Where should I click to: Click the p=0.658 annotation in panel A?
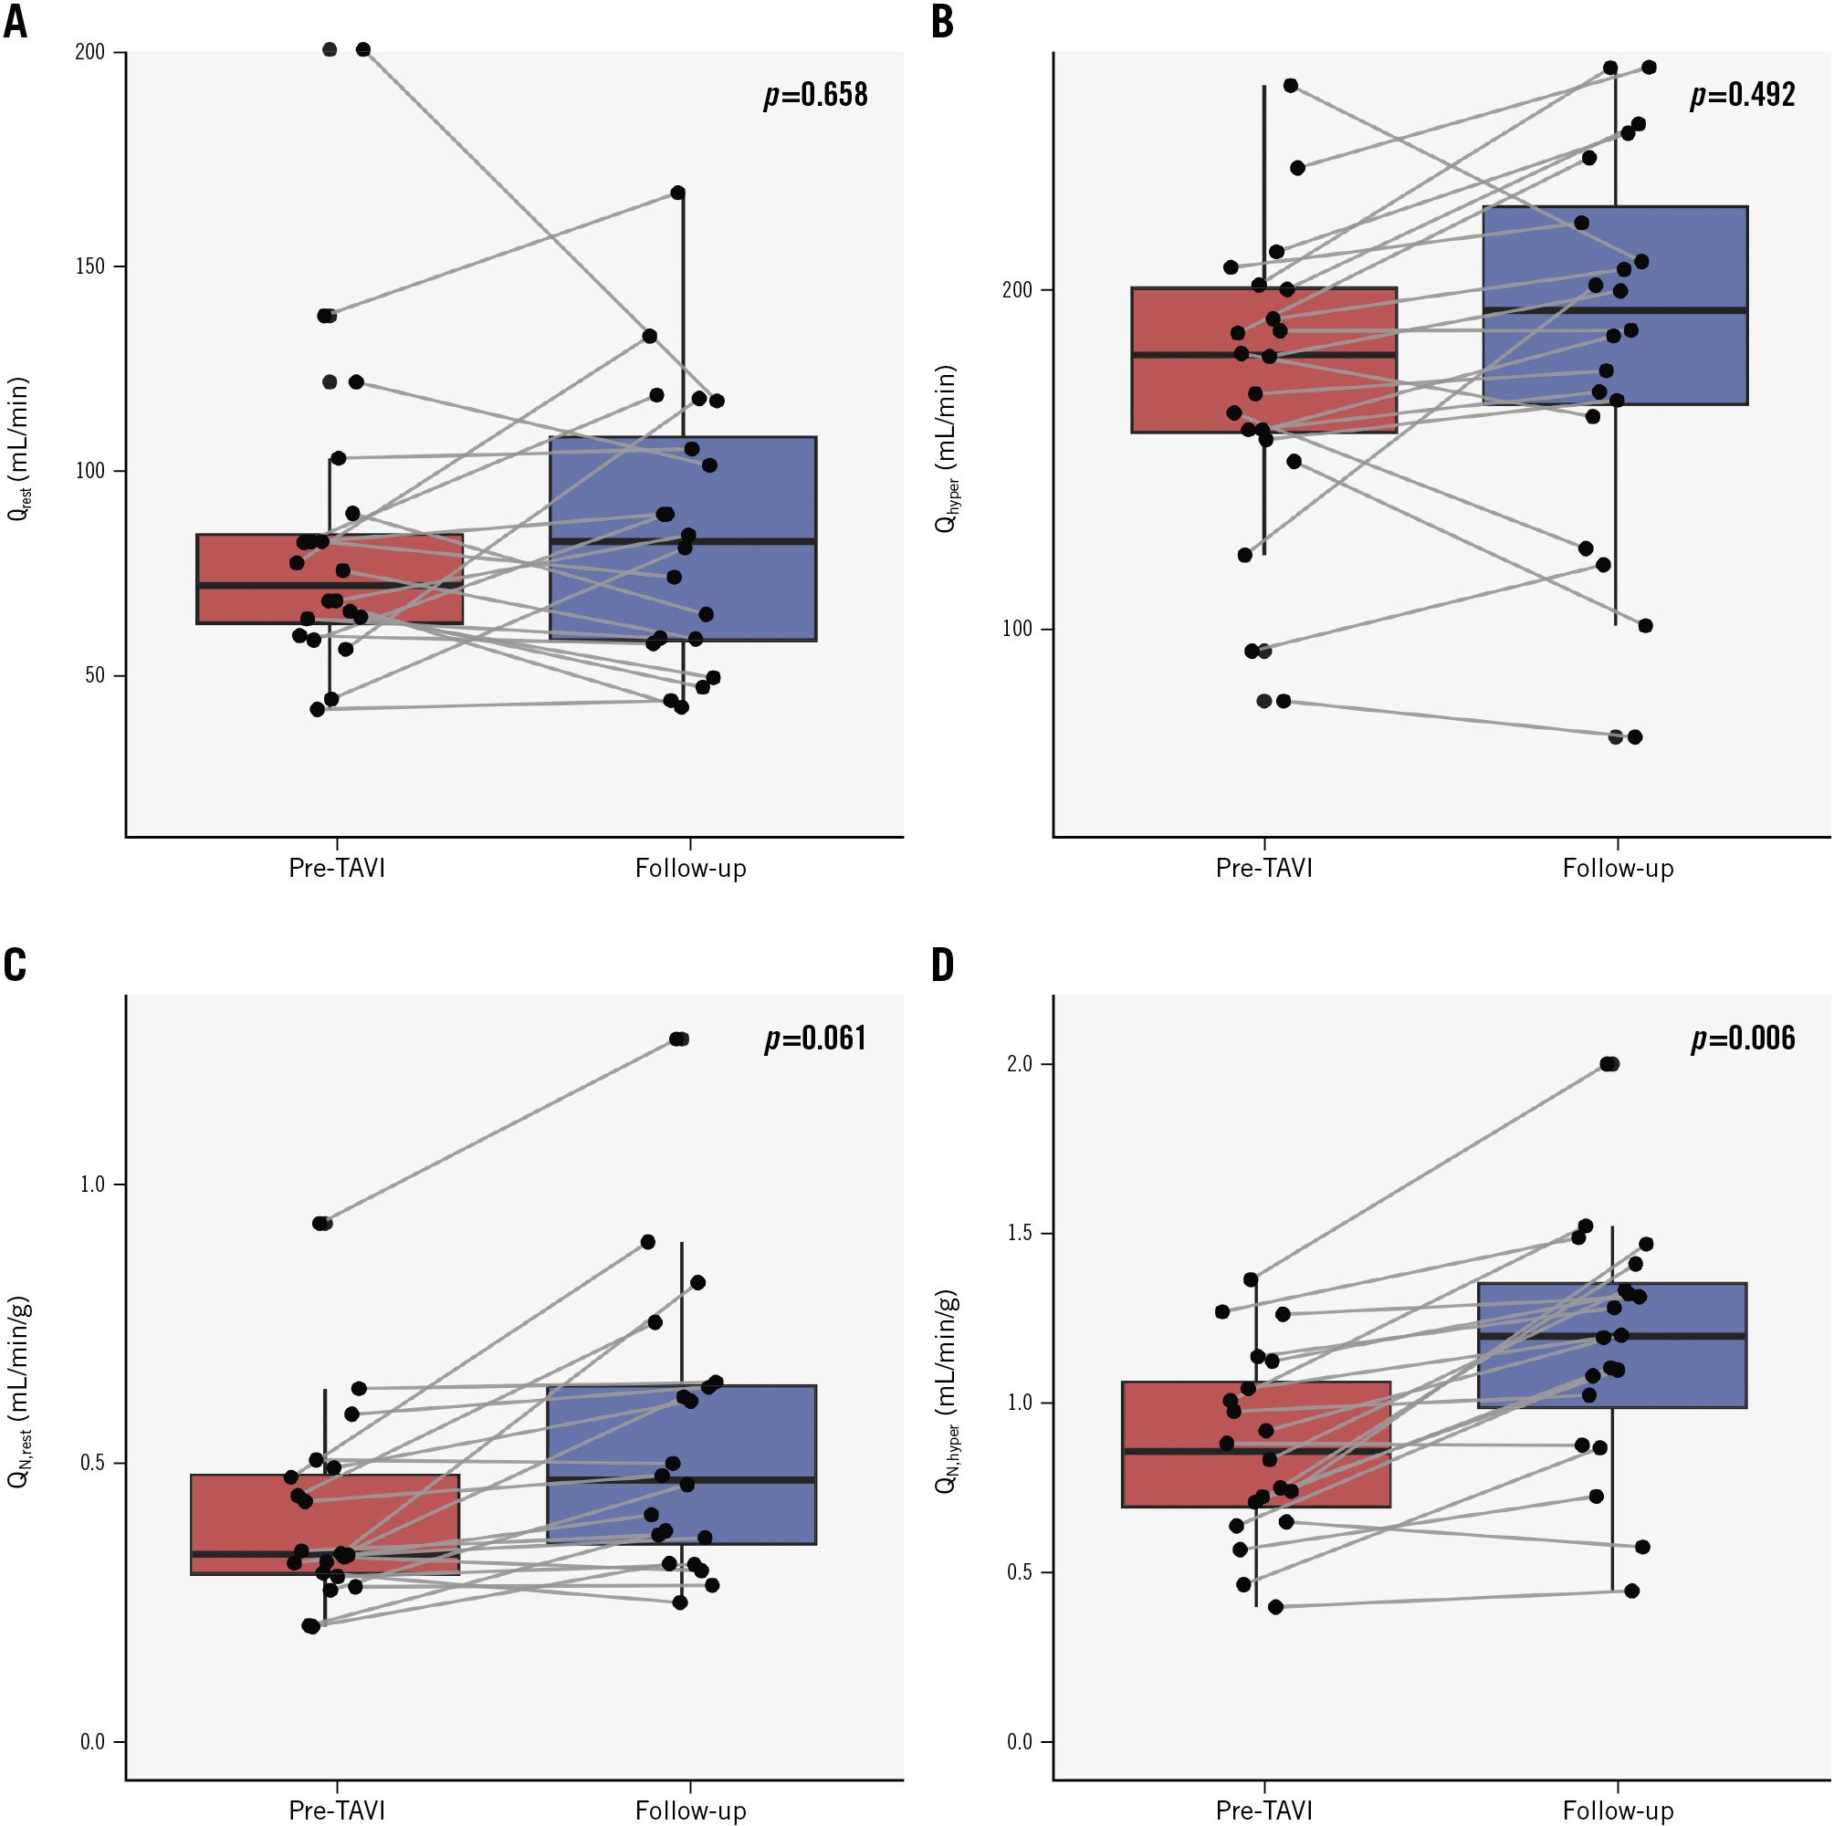click(815, 95)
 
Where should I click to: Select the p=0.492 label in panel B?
click(1743, 95)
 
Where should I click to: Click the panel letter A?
click(16, 23)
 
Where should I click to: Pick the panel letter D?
click(943, 965)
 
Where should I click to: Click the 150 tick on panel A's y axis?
click(89, 266)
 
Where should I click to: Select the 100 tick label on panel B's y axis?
click(1017, 630)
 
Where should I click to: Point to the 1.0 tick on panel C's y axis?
click(92, 1184)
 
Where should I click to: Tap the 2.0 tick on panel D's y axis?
click(1020, 1064)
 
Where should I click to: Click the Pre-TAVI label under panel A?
click(337, 868)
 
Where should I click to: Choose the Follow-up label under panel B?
click(1618, 868)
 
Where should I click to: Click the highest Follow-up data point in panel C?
click(678, 1039)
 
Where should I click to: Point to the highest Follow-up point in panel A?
click(677, 193)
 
